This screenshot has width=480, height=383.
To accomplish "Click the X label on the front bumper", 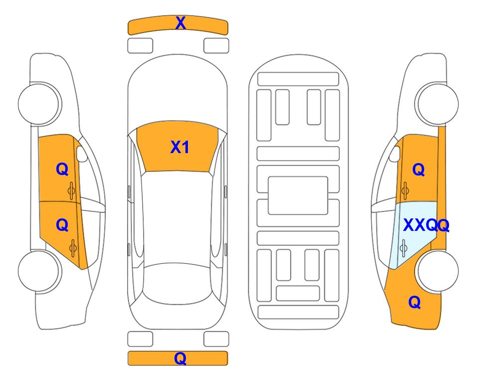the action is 180,23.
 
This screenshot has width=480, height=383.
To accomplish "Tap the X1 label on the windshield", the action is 180,147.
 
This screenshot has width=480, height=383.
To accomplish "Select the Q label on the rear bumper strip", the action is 180,358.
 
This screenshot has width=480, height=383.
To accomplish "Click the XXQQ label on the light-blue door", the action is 426,225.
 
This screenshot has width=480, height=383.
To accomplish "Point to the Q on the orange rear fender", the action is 415,302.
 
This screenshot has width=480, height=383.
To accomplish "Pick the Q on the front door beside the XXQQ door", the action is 419,170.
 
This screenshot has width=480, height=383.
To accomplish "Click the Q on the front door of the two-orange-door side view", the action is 62,169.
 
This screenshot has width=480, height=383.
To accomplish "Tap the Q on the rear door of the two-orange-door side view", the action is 62,225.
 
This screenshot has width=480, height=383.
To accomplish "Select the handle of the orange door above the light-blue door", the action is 405,191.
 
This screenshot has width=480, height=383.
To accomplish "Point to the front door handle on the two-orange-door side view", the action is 71,191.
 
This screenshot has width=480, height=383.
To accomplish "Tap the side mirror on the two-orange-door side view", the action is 81,154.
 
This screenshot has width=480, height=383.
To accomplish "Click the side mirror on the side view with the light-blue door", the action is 395,154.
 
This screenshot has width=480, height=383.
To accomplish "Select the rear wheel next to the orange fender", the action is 437,271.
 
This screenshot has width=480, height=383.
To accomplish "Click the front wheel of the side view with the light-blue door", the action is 437,104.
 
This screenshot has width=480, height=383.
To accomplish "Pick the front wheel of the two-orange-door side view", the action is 40,104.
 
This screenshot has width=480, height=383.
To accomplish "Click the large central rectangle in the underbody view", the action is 298,195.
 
